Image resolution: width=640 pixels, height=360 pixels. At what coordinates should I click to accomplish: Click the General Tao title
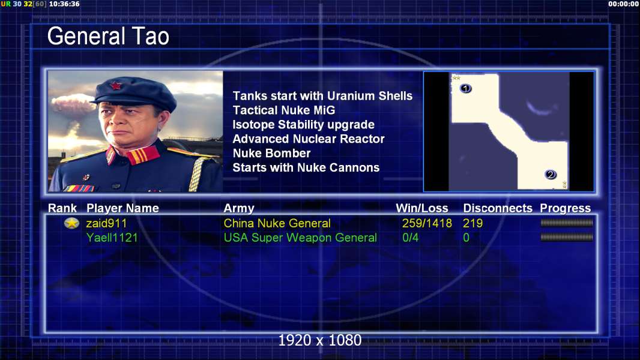click(108, 36)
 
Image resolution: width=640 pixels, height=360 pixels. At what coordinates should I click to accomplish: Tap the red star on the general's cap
click(116, 85)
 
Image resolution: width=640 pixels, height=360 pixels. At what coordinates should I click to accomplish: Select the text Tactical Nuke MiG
click(283, 110)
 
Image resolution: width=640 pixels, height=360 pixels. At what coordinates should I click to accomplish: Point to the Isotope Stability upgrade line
click(303, 125)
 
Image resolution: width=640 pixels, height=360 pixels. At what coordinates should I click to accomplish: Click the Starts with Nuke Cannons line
click(306, 167)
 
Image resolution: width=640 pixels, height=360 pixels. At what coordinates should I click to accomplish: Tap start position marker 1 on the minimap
click(466, 88)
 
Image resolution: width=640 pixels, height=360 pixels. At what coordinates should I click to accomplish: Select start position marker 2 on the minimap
click(551, 175)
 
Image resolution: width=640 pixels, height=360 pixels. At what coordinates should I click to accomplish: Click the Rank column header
click(62, 208)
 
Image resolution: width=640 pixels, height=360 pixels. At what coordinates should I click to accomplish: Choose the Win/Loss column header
click(422, 208)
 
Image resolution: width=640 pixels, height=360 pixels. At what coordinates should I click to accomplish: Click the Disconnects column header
click(498, 208)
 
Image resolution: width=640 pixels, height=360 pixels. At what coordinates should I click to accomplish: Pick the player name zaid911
click(106, 223)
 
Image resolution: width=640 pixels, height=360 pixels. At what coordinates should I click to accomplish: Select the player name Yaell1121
click(112, 238)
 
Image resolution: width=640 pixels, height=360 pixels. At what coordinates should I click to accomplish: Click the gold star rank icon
click(72, 223)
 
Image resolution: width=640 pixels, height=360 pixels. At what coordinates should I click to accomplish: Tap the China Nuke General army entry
click(277, 223)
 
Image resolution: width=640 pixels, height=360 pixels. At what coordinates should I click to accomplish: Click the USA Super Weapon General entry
click(300, 238)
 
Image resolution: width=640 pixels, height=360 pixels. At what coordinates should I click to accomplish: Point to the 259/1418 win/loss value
click(427, 223)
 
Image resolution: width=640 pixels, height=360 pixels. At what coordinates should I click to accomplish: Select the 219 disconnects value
click(472, 223)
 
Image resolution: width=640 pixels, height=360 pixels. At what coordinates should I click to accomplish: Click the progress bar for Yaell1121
click(567, 237)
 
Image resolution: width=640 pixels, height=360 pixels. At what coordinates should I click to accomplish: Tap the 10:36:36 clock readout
click(64, 4)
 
